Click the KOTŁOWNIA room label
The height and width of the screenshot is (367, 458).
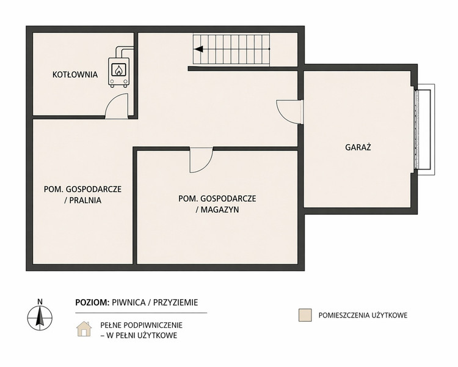pos(75,75)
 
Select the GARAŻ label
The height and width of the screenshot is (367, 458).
pos(358,147)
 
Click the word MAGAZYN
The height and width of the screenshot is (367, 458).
pos(220,210)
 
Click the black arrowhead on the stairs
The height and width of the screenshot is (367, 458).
pos(198,49)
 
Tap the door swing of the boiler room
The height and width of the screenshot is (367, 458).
pos(116,106)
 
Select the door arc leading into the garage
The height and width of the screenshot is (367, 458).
pos(289,112)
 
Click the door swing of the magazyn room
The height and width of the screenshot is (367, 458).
pos(201,160)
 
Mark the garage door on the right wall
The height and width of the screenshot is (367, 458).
pos(424,129)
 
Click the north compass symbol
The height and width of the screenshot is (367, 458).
pos(40,318)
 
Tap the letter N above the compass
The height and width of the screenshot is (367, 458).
pos(40,302)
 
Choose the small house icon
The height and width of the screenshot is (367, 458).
pos(84,329)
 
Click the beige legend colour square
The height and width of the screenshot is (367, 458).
pos(305,315)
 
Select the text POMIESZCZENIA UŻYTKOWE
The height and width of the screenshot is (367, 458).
pos(363,315)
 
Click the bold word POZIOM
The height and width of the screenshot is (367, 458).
pos(92,302)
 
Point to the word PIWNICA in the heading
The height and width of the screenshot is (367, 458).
pos(128,302)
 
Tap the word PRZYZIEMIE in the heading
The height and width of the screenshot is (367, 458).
pos(175,302)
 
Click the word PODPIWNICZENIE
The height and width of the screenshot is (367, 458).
pos(153,325)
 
